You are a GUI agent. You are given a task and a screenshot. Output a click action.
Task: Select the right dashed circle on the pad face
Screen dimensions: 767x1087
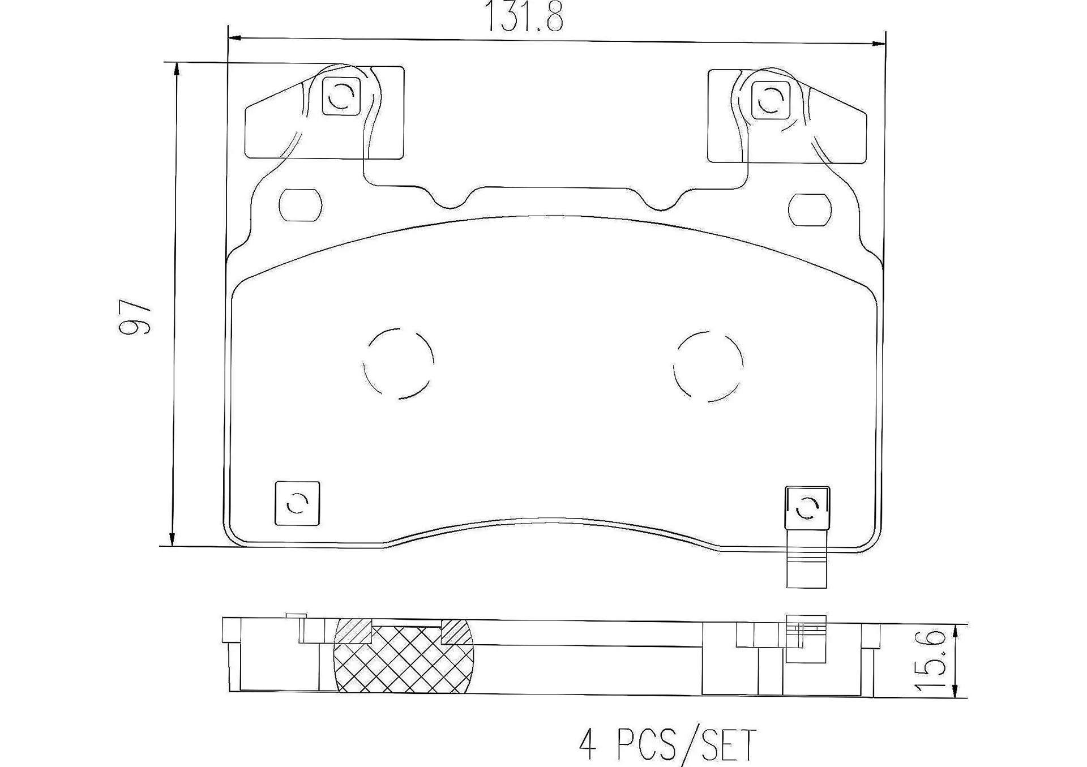pos(708,366)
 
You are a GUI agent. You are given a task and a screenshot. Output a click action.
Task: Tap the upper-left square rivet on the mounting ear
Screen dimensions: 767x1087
pos(341,96)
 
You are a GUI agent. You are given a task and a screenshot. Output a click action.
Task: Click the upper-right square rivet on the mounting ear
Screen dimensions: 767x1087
pos(770,100)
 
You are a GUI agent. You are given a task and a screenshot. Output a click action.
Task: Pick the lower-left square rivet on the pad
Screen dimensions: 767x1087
pos(297,503)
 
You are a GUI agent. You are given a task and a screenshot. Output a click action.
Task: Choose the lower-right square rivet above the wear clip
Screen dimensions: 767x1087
pos(807,508)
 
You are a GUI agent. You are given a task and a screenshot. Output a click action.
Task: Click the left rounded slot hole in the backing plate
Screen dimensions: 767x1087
pos(301,205)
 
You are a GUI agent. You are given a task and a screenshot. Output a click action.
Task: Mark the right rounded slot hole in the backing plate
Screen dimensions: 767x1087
pos(810,209)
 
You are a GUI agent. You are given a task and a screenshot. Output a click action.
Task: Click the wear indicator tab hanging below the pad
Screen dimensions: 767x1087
pos(807,566)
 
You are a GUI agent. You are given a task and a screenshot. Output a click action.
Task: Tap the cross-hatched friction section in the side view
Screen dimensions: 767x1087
pos(404,659)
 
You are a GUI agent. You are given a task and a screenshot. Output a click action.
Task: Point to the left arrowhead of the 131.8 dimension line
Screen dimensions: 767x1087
pos(234,38)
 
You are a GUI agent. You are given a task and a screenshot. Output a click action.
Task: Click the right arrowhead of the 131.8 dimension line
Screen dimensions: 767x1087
pos(879,43)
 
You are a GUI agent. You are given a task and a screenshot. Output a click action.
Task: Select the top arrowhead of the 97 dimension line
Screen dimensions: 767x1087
pos(177,69)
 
